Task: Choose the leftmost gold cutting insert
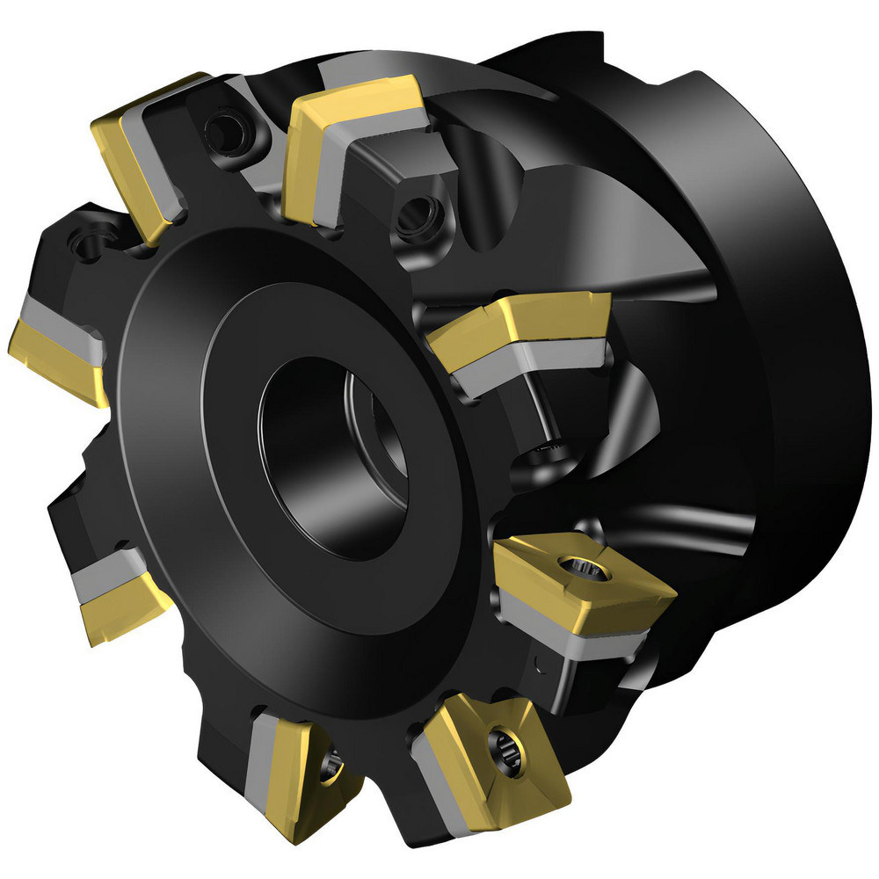[53, 356]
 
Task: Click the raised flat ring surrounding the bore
[220, 439]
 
